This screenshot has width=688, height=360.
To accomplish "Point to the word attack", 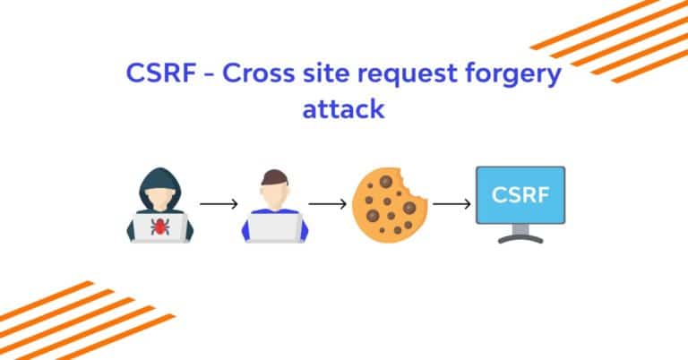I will [x=343, y=110].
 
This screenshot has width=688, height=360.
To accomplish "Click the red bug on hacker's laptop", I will [x=159, y=227].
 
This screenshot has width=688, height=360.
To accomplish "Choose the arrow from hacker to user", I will [x=218, y=204].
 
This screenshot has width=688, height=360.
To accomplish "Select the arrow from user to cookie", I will [x=327, y=204].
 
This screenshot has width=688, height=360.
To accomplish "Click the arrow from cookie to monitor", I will [x=451, y=204].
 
